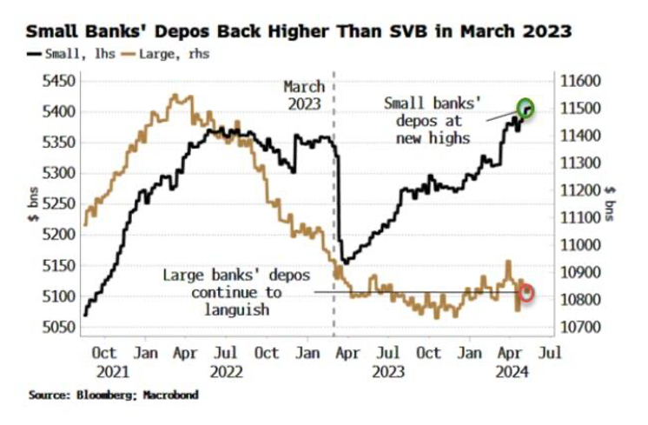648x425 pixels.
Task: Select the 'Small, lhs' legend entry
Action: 62,54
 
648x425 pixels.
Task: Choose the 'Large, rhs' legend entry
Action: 171,54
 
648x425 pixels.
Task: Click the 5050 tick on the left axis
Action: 57,328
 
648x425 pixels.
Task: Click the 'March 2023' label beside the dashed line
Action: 304,95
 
